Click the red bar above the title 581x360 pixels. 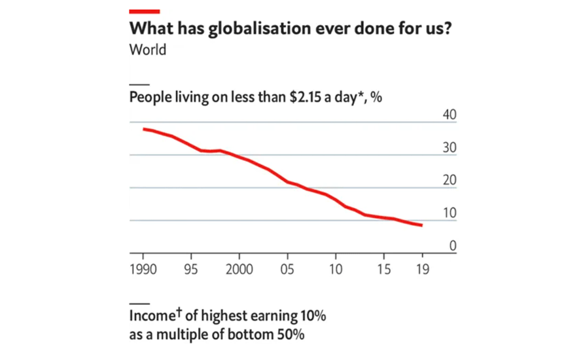point(145,11)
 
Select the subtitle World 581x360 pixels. point(148,50)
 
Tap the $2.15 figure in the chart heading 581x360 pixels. point(305,97)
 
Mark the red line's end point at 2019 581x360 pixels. point(422,225)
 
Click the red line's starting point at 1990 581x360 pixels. point(144,129)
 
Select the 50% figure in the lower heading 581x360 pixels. point(291,334)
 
